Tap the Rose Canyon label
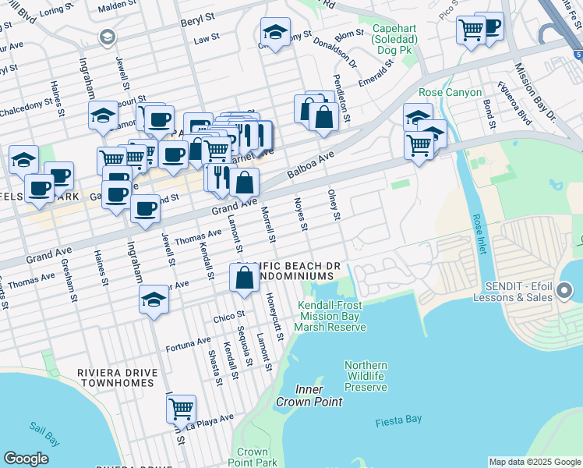click(x=447, y=92)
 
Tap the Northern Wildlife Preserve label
click(x=366, y=376)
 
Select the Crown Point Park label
click(x=253, y=457)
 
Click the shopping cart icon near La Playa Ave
click(x=181, y=407)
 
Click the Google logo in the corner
click(x=26, y=458)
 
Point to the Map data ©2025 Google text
click(x=534, y=462)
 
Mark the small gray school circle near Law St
click(x=107, y=37)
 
